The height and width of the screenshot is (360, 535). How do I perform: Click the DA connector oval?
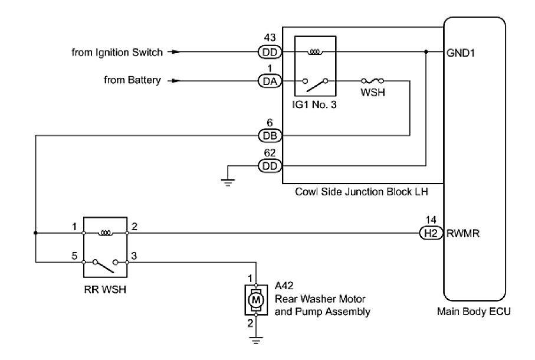(271, 81)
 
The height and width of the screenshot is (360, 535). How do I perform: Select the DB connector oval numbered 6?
(271, 136)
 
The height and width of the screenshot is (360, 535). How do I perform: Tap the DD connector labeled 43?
(271, 52)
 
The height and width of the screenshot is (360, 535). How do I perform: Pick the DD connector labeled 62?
(271, 166)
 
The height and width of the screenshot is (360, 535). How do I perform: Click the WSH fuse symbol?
(373, 81)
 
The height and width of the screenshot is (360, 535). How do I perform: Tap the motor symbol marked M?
(256, 300)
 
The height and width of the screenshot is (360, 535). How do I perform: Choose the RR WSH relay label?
(106, 290)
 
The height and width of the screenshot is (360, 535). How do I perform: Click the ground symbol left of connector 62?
(228, 180)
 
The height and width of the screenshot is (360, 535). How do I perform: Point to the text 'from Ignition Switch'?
(117, 52)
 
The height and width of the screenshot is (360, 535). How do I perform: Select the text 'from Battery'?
(133, 80)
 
